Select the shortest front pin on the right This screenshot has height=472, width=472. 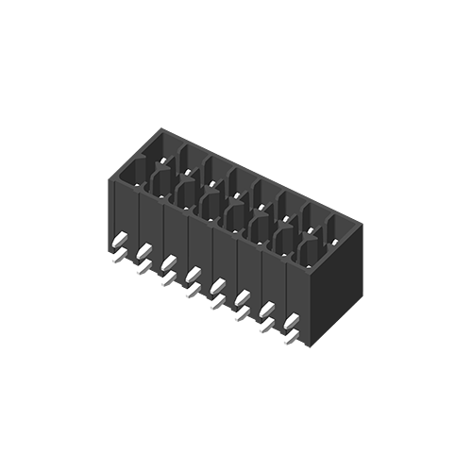[x=281, y=344]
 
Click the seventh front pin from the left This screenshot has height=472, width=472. [x=257, y=338]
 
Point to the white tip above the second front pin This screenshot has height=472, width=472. [x=143, y=251]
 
